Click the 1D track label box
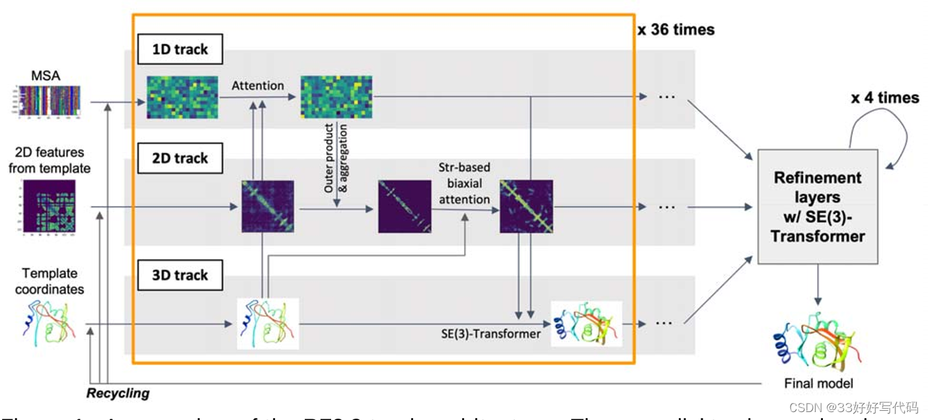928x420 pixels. pos(180,50)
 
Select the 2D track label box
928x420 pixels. pos(180,158)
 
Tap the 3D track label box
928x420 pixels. pos(180,275)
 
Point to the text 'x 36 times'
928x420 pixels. pos(676,30)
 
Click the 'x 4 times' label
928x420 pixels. pos(884,98)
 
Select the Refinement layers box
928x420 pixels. pos(818,207)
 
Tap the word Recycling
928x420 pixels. pos(118,394)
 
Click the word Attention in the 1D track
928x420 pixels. pos(258,85)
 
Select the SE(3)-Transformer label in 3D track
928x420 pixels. pos(491,334)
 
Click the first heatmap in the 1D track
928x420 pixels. pos(182,97)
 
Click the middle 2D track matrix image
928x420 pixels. pos(405,207)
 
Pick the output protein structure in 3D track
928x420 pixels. pos(586,324)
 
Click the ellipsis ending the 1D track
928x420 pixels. pos(666,97)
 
